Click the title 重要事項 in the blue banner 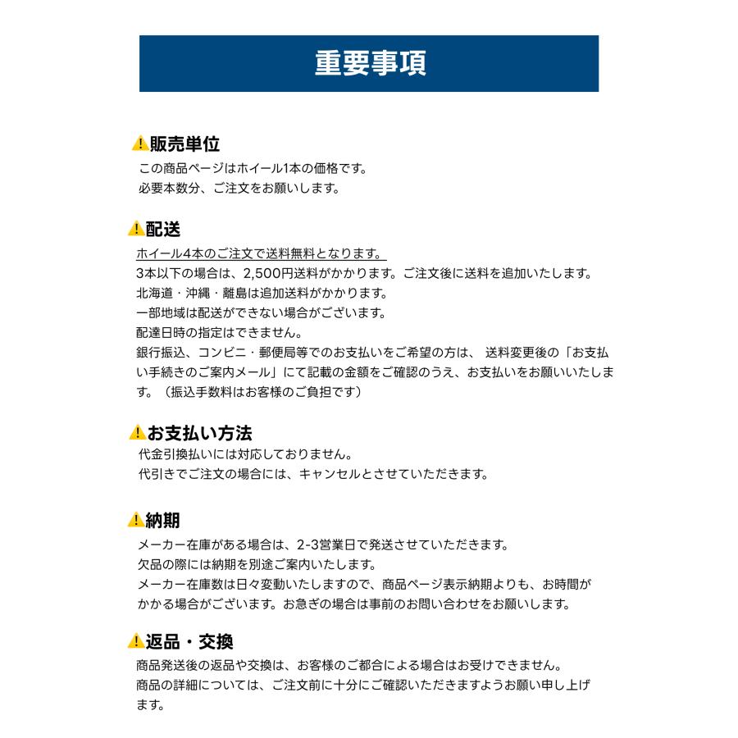point(370,63)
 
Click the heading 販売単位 point(184,144)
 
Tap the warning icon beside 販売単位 point(139,144)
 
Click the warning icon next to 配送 point(136,229)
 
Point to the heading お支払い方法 point(199,432)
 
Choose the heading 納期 point(162,520)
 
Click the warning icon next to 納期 point(136,520)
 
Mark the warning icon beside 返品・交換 point(136,641)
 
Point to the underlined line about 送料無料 point(261,253)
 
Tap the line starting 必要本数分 point(239,188)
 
